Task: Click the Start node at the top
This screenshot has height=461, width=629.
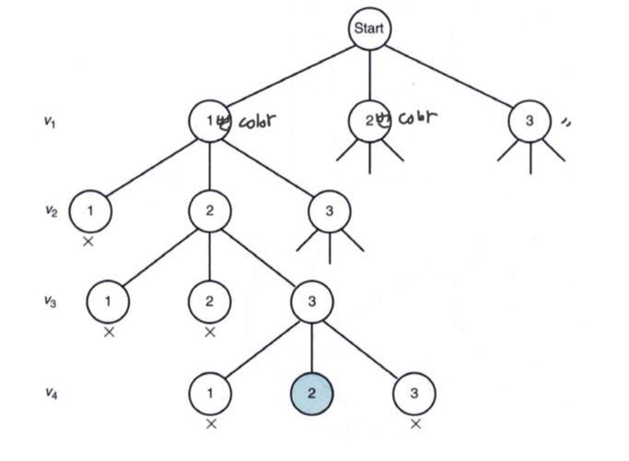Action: click(x=369, y=30)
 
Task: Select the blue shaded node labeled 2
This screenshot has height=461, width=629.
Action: click(x=312, y=394)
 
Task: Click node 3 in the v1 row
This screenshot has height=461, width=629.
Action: click(x=530, y=121)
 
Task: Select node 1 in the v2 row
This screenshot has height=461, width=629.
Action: click(x=90, y=211)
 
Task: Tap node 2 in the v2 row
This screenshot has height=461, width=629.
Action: click(x=210, y=211)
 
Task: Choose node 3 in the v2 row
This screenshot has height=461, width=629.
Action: click(x=329, y=212)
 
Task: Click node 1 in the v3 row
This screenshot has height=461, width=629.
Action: click(x=109, y=301)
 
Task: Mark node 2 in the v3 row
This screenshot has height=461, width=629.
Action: click(x=210, y=301)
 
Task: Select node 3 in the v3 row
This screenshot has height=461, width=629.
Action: click(x=311, y=302)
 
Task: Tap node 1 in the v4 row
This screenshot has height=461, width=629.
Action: click(x=211, y=394)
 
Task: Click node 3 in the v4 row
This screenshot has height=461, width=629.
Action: click(x=414, y=394)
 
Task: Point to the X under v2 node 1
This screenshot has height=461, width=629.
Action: click(x=89, y=242)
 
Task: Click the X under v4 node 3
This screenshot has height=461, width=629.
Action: click(x=415, y=424)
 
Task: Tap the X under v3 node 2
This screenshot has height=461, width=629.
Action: click(x=210, y=333)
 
